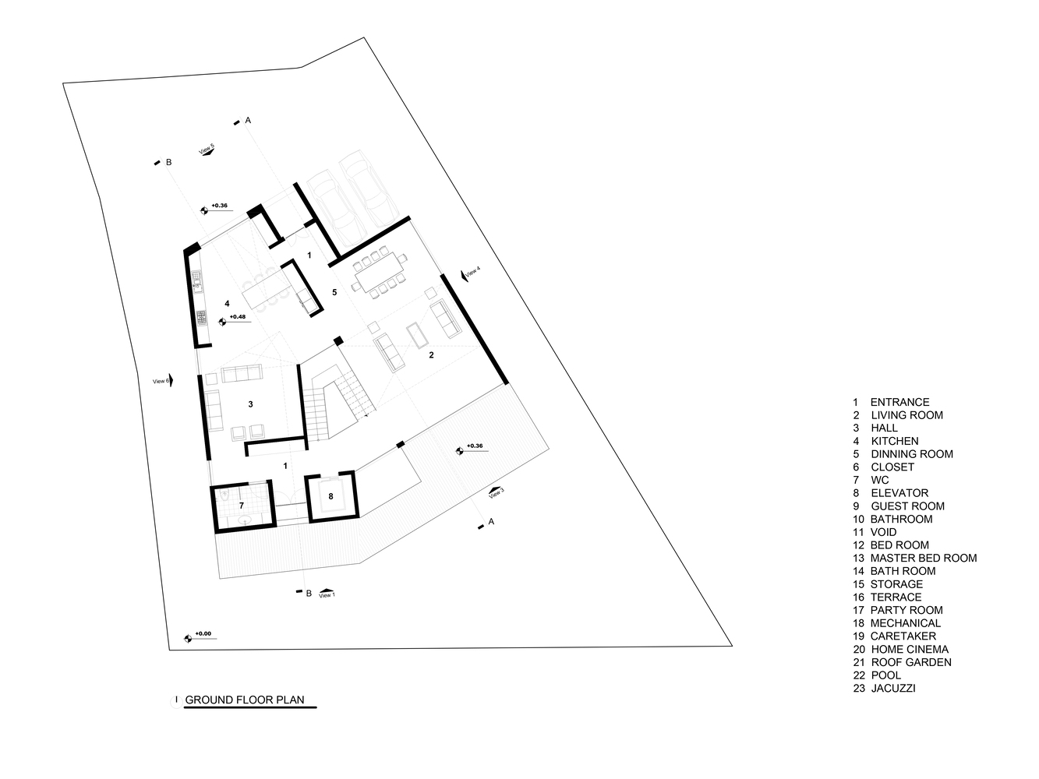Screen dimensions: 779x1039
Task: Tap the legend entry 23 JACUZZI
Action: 884,688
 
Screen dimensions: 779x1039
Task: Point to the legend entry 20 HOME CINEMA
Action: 900,649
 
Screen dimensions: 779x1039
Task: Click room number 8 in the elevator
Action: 331,496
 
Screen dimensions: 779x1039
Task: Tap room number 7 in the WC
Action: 242,506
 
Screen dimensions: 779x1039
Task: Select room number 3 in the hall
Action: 250,404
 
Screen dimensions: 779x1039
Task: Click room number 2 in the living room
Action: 431,355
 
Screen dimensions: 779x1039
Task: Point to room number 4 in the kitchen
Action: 227,303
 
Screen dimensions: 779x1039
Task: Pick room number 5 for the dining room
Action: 334,292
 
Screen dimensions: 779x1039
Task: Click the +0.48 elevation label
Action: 238,317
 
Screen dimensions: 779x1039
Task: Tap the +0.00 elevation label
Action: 203,634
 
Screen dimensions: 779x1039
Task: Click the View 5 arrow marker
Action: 207,151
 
